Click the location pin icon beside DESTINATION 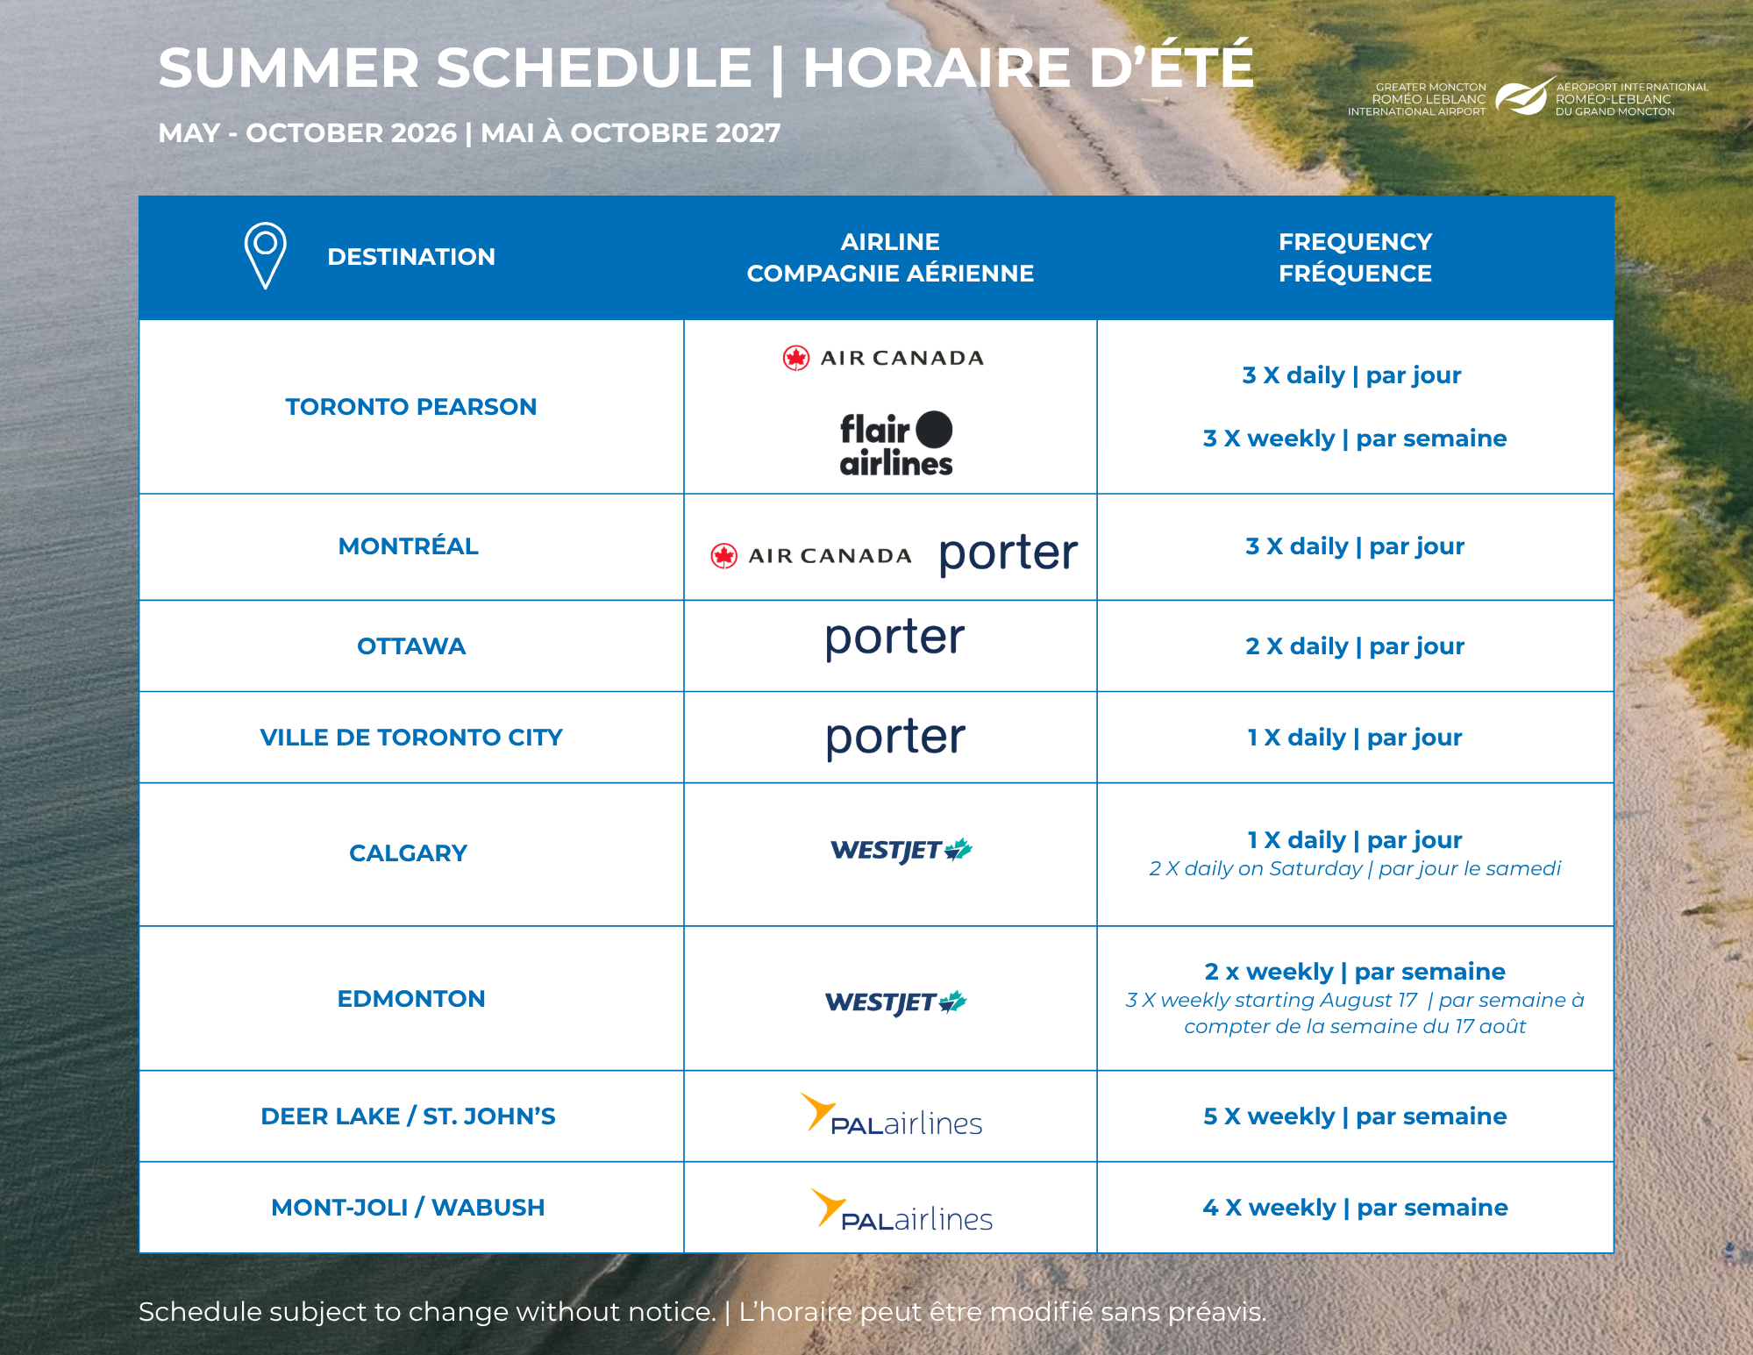click(x=265, y=254)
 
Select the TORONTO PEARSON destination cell click(x=411, y=407)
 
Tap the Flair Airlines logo click(x=896, y=444)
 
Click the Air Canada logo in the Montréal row click(x=811, y=556)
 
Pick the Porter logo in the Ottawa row click(x=894, y=638)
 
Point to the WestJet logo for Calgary click(x=901, y=850)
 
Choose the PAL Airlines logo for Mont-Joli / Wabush click(x=901, y=1210)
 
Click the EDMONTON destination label click(x=411, y=999)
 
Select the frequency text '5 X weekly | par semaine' click(x=1355, y=1116)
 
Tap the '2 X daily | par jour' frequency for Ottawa click(x=1355, y=646)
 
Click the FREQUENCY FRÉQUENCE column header click(x=1355, y=257)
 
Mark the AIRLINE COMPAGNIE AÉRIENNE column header click(x=890, y=257)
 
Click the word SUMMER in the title click(x=289, y=68)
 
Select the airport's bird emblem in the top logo click(x=1525, y=96)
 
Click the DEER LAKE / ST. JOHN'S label click(x=409, y=1116)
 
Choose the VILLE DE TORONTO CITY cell click(x=411, y=738)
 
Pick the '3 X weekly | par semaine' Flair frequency click(x=1355, y=439)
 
